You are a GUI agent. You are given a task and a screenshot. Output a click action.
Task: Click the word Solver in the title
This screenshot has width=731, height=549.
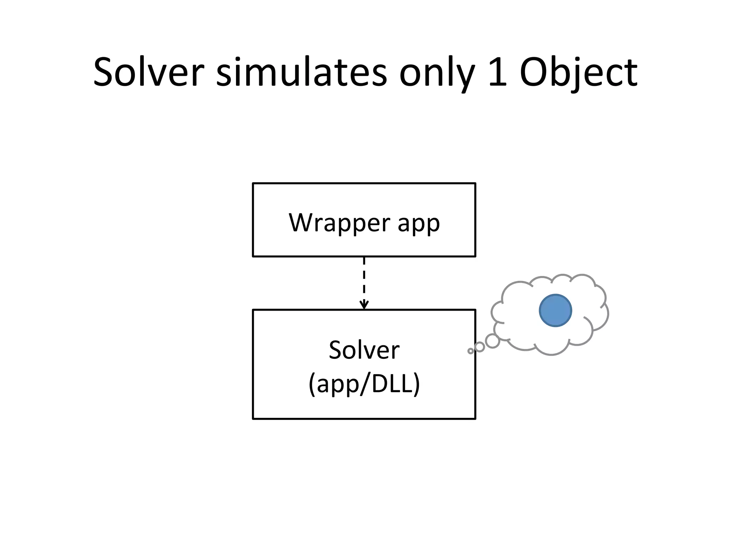coord(148,73)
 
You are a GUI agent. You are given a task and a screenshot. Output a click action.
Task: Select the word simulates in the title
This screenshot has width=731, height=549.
coord(302,73)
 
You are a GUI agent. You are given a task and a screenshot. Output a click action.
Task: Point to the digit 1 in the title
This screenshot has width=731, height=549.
coord(498,73)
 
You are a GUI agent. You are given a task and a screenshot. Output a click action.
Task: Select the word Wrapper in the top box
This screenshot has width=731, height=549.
coord(339,223)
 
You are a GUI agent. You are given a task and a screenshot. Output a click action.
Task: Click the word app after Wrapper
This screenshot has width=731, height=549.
coord(418,224)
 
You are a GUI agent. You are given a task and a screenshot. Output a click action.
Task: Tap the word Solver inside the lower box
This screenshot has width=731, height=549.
coord(364,350)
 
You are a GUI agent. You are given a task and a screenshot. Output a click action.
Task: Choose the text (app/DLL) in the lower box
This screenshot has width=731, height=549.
coord(364,384)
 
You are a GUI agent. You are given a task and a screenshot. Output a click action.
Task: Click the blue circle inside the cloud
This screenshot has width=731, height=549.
coord(555,310)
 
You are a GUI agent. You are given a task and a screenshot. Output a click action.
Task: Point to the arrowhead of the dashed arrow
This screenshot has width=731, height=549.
coord(364,305)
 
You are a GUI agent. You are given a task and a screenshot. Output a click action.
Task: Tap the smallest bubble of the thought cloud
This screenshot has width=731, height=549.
coord(470,351)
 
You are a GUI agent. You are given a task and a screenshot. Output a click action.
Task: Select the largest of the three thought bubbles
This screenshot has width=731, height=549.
coord(493,341)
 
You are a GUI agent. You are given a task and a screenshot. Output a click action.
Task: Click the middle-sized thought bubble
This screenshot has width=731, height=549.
coord(480,347)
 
